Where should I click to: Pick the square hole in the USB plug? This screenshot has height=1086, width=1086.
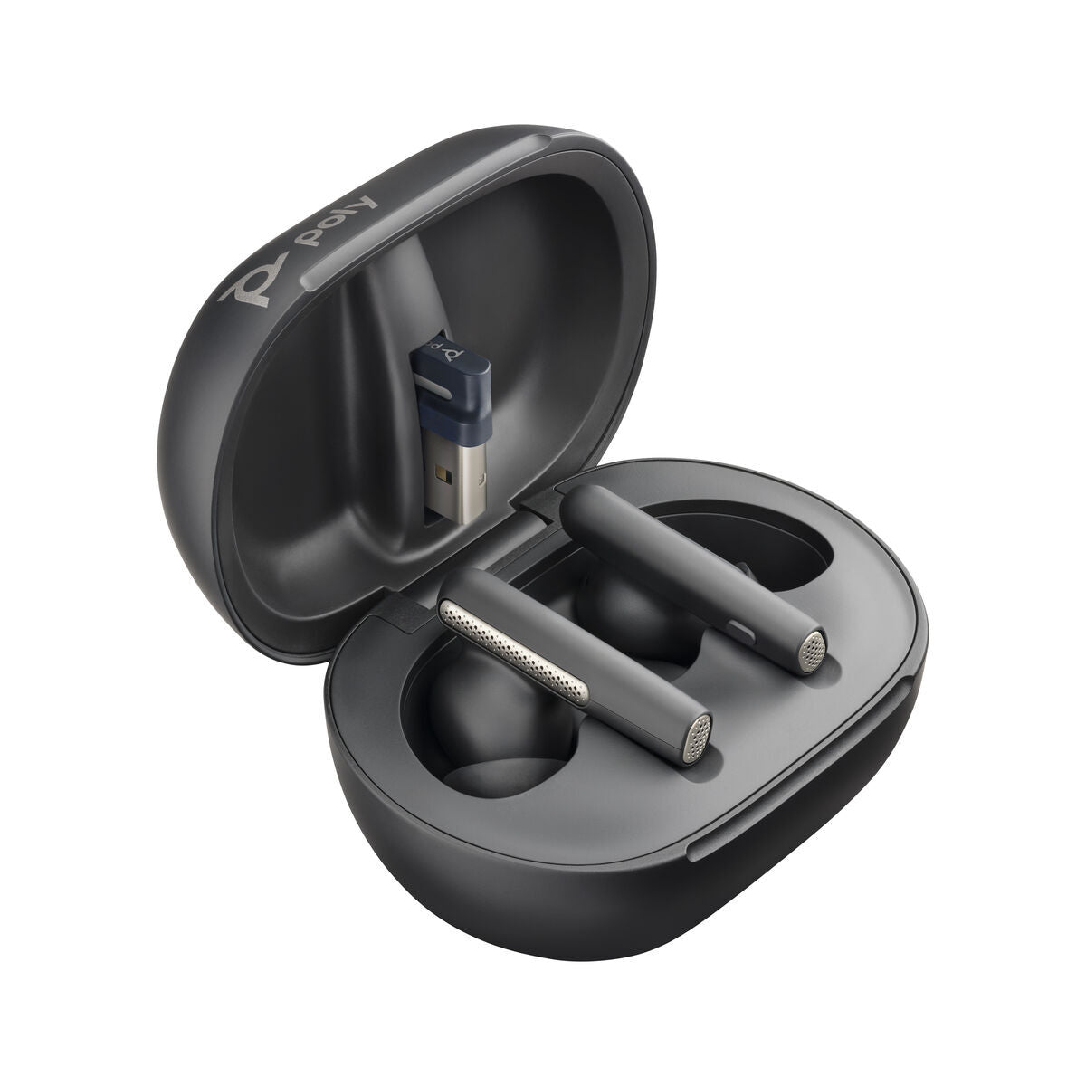(x=440, y=472)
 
